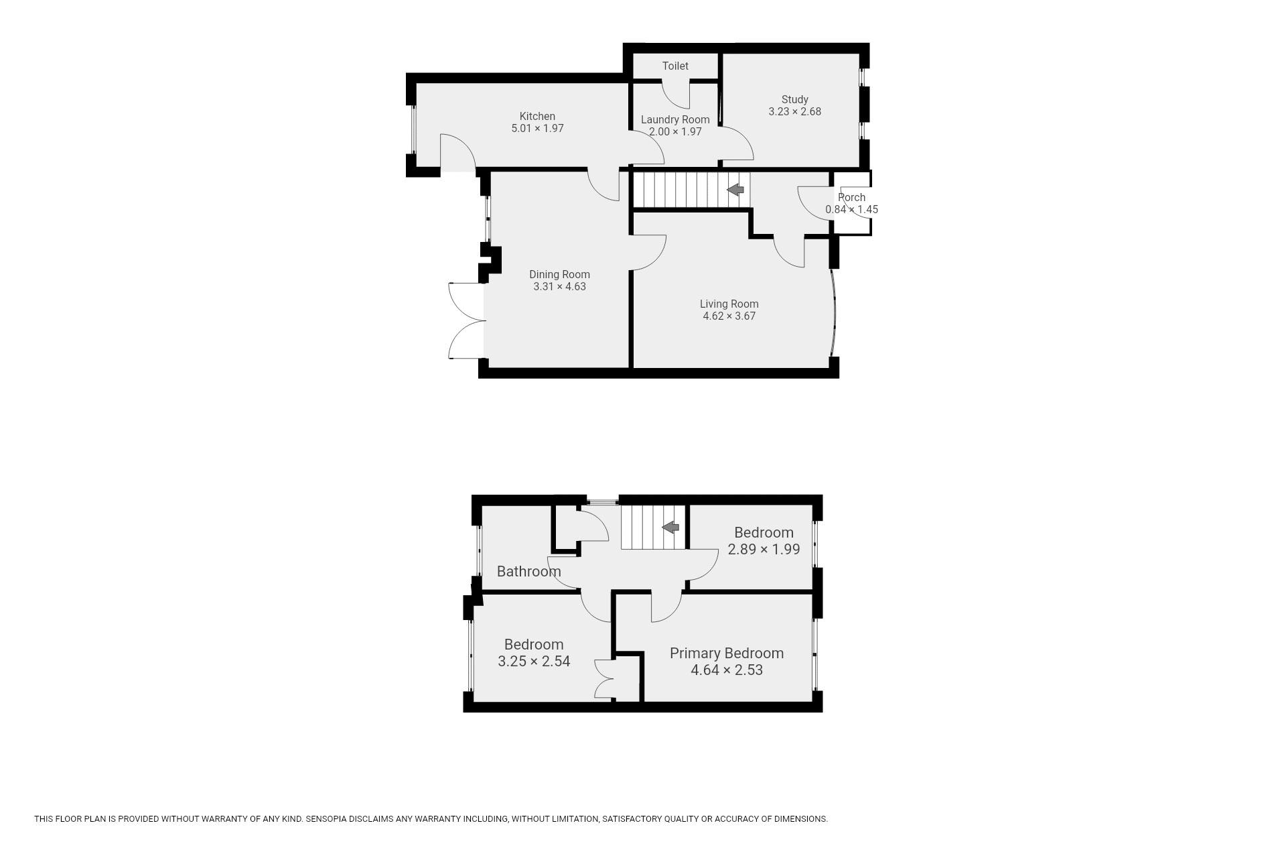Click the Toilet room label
675,66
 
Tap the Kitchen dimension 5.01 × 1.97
537,128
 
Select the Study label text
795,99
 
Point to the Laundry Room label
675,119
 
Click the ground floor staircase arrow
735,190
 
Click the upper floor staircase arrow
670,528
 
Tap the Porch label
852,197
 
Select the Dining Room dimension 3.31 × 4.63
559,286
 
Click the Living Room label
729,304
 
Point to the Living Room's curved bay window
835,312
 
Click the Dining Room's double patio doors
466,320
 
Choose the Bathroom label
529,571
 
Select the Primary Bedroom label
727,653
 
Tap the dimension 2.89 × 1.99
764,549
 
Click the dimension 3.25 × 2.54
534,661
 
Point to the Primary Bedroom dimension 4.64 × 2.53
727,670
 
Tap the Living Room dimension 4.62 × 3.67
729,316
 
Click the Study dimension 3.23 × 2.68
795,111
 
